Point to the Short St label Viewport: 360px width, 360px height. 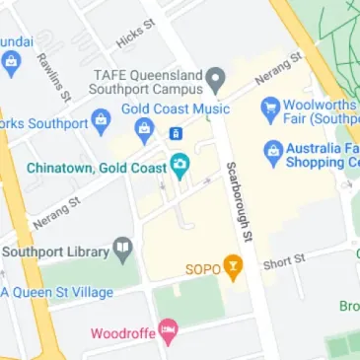pyautogui.click(x=283, y=261)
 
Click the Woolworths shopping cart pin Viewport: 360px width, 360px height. pyautogui.click(x=268, y=107)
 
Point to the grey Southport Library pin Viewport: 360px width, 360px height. pyautogui.click(x=122, y=247)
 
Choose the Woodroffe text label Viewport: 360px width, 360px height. pyautogui.click(x=122, y=333)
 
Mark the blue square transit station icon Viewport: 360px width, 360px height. pyautogui.click(x=176, y=133)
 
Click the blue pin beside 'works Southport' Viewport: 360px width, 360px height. pyautogui.click(x=103, y=123)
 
